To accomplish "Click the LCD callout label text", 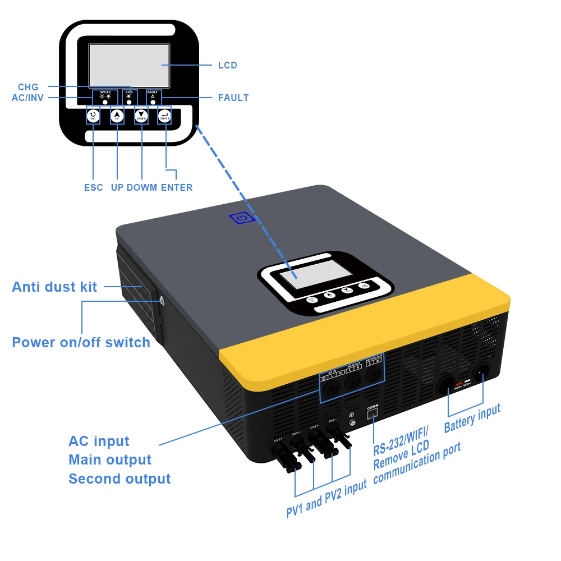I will tap(227, 66).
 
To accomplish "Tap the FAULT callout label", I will tap(233, 98).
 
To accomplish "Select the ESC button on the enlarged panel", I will tap(93, 116).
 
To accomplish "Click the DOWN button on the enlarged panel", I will tap(141, 116).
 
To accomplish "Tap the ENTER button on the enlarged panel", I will tap(165, 116).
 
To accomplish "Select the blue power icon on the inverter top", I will tap(242, 218).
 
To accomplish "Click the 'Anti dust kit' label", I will tap(54, 287).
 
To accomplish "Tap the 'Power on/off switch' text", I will tap(81, 342).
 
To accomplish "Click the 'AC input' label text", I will tap(99, 441).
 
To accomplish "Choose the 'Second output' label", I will tap(119, 479).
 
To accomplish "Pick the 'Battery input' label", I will tap(472, 419).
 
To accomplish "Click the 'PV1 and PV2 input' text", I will tap(326, 499).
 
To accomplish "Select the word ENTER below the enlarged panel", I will tap(176, 187).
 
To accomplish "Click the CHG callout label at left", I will tap(28, 87).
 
